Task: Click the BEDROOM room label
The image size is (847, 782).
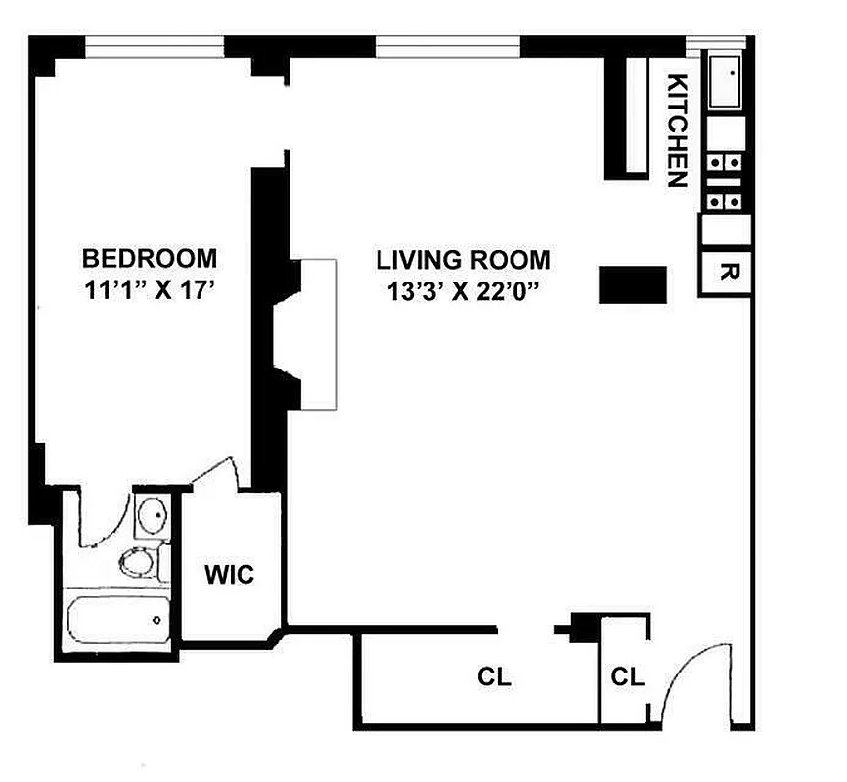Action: (150, 259)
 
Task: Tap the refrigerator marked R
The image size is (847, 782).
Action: (725, 271)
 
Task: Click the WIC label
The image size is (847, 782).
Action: (230, 575)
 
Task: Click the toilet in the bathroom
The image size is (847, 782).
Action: (136, 563)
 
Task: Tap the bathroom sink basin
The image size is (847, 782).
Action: (152, 515)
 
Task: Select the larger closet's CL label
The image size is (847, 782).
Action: (494, 676)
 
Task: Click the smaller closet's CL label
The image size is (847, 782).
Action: (627, 676)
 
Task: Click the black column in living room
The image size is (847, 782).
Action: (632, 284)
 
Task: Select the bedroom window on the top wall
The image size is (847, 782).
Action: (154, 45)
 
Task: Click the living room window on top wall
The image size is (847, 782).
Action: (447, 45)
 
